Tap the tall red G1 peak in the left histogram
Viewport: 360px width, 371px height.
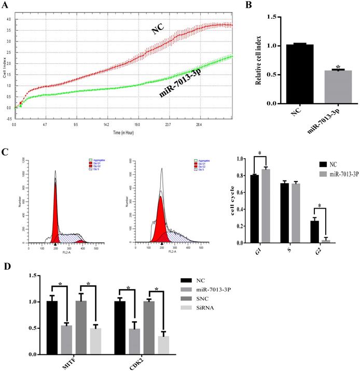[x=55, y=213]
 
